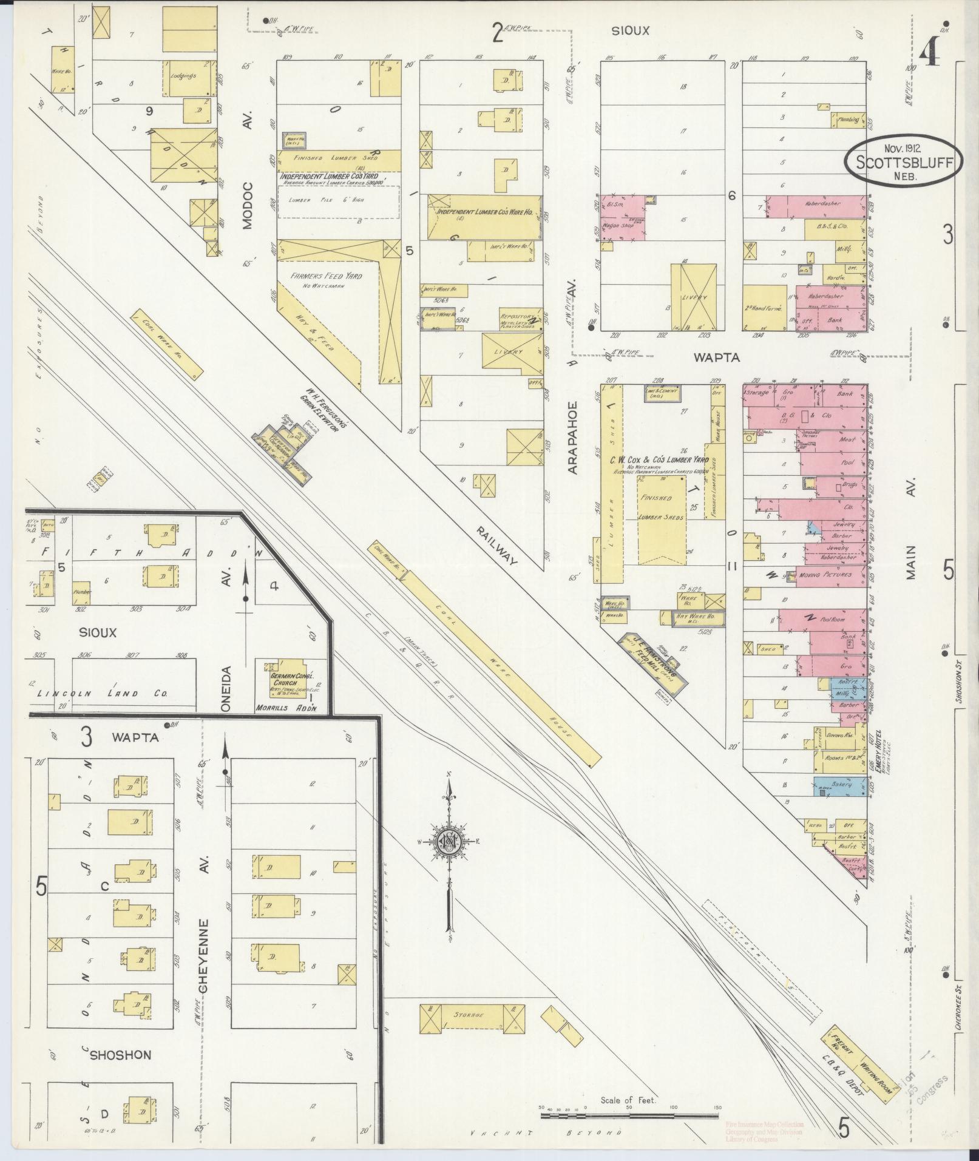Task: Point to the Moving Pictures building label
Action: (x=825, y=574)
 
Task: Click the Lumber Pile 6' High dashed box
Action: (x=339, y=201)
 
